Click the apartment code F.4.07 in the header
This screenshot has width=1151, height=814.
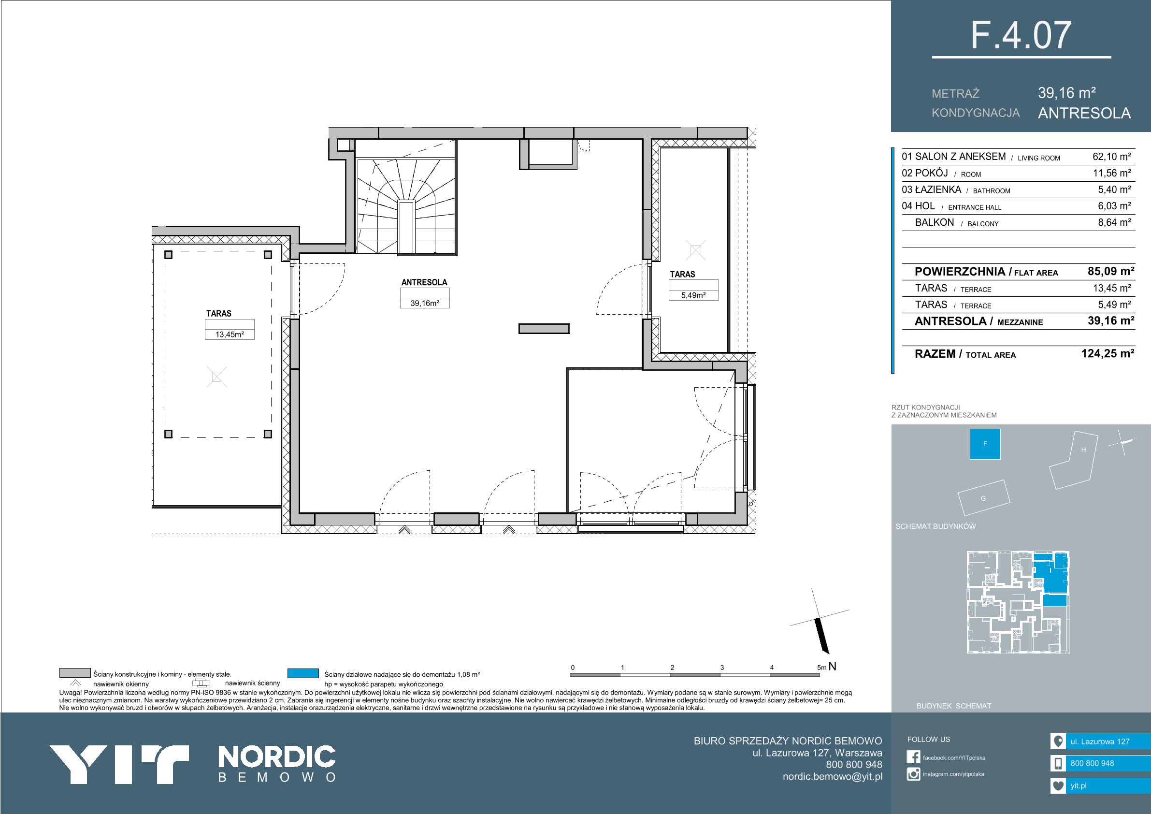[1021, 35]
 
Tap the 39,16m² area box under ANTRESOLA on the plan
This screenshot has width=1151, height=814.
[425, 303]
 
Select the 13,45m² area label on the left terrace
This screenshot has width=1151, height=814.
[230, 334]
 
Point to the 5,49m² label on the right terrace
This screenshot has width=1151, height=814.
[693, 295]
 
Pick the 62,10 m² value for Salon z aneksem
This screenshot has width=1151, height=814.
[1112, 157]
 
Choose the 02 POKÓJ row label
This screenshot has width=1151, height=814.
[925, 173]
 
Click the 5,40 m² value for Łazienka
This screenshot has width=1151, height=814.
[1114, 189]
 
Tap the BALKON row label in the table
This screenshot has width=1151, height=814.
[935, 223]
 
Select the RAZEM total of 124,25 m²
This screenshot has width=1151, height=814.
[1108, 353]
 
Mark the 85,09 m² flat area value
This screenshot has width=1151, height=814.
[1111, 271]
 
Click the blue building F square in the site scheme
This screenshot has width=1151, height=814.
[985, 444]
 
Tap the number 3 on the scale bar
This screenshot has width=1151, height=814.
[722, 668]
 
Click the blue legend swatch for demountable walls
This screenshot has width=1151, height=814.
[303, 673]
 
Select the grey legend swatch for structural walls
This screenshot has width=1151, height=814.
[75, 673]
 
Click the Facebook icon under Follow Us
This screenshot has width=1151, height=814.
[913, 757]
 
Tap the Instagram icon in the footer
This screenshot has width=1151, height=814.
[913, 774]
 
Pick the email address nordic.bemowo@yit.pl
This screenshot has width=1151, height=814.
[832, 776]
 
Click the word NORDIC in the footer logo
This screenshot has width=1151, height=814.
[277, 757]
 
